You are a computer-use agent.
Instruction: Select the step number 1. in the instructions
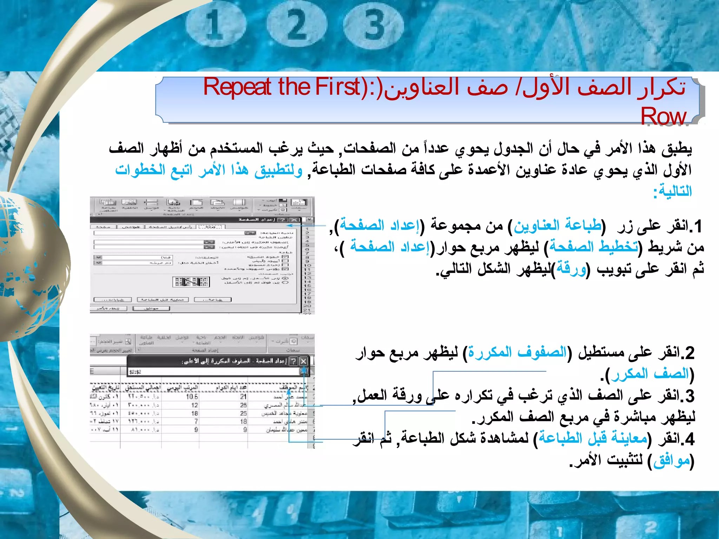point(695,226)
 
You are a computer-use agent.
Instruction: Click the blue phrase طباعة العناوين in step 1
point(558,226)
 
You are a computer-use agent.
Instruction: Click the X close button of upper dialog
point(294,220)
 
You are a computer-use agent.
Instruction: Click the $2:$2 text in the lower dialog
point(135,372)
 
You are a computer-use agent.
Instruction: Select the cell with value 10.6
point(192,397)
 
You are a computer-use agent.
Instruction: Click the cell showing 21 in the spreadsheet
point(243,397)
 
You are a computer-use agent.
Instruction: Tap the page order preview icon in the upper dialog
point(191,281)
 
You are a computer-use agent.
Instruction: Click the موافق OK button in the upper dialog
point(151,308)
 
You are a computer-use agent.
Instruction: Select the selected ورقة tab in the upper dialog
point(210,227)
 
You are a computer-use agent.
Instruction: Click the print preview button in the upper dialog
point(163,300)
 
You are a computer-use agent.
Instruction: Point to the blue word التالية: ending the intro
point(672,192)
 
